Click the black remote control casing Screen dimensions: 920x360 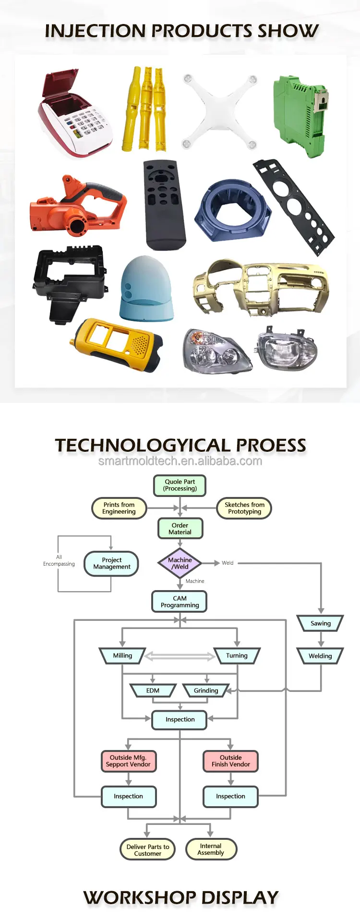coord(164,204)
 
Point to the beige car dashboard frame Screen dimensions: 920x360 coord(262,288)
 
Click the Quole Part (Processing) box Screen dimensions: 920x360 coord(180,485)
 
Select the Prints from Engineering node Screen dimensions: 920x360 coord(119,508)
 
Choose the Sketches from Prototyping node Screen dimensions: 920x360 coord(244,508)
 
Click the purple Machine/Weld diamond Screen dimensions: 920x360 coord(180,563)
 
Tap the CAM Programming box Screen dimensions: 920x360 coord(180,602)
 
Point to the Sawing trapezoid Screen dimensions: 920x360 coord(321,623)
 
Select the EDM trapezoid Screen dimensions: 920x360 coord(153,690)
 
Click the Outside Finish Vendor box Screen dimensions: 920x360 coord(231,761)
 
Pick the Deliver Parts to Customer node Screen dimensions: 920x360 coord(147,850)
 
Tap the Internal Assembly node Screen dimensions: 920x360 coord(211,849)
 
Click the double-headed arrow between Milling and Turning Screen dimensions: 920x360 coord(180,656)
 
